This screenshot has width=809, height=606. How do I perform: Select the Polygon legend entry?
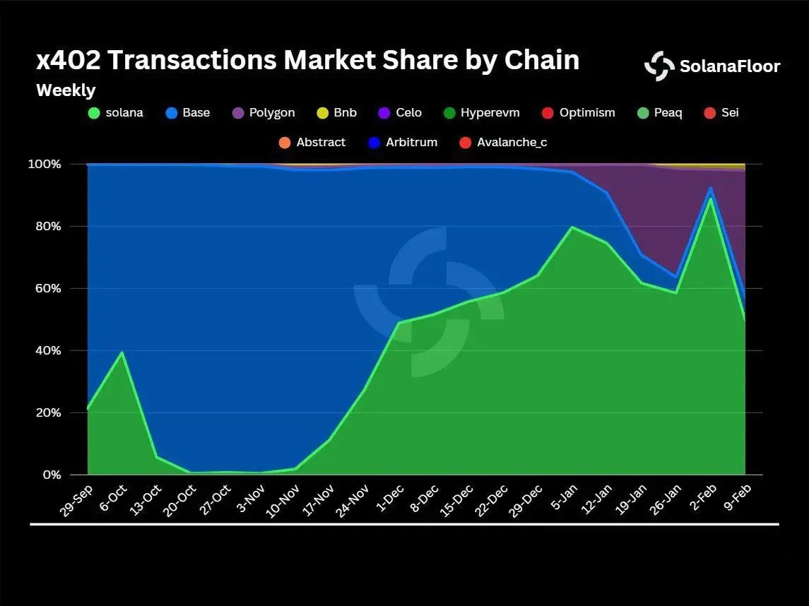click(x=263, y=112)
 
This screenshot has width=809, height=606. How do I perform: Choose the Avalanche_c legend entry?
click(x=503, y=142)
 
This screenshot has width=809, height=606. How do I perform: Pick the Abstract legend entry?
click(x=312, y=142)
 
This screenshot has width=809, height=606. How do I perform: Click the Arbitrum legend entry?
click(x=403, y=142)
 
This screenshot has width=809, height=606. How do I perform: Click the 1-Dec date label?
click(x=389, y=499)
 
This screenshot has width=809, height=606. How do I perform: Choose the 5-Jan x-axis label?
click(x=562, y=499)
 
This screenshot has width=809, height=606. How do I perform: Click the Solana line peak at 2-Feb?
click(x=710, y=198)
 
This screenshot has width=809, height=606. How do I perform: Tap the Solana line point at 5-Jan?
click(x=572, y=227)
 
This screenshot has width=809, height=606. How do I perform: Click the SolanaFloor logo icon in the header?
click(x=659, y=66)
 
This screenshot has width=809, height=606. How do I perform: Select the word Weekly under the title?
click(x=66, y=90)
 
